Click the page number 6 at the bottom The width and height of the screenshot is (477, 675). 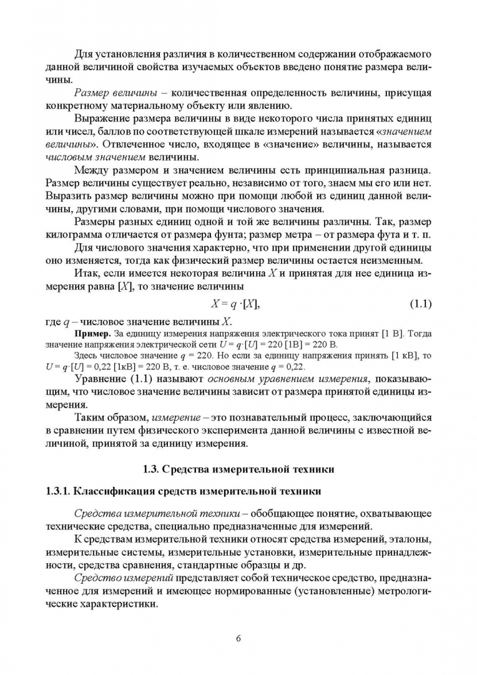pos(238,638)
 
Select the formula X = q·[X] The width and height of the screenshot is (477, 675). pos(235,304)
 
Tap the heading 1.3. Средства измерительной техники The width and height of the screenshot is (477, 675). pos(238,467)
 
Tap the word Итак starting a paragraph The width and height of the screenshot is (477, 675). pos(86,275)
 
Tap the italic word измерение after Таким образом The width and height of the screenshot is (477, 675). pos(175,417)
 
